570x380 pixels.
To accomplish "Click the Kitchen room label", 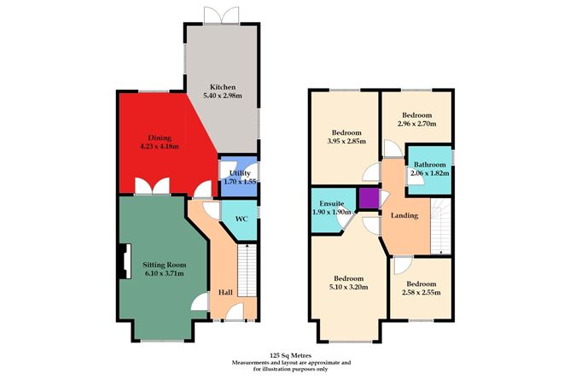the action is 223,87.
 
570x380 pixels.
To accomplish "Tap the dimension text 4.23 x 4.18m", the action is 160,147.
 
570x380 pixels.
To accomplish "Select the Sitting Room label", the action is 165,265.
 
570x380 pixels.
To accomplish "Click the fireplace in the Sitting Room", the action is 125,261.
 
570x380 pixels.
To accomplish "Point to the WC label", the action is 241,219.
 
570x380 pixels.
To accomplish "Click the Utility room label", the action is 240,173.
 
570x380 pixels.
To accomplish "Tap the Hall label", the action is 225,292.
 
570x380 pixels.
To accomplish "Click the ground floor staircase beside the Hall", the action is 247,271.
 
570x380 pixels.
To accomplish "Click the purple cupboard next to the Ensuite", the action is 369,198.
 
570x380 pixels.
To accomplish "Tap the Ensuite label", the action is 332,203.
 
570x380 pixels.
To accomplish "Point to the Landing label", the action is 404,216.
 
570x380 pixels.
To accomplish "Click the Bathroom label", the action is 430,164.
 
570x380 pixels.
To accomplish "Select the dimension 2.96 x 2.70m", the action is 417,124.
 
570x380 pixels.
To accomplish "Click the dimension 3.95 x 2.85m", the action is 346,141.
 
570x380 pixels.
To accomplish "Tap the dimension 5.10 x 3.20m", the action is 349,287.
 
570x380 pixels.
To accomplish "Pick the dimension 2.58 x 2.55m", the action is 422,292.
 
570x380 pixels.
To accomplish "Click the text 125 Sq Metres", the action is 290,355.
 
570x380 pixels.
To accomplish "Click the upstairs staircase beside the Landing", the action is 440,225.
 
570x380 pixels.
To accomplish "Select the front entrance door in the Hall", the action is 235,313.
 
